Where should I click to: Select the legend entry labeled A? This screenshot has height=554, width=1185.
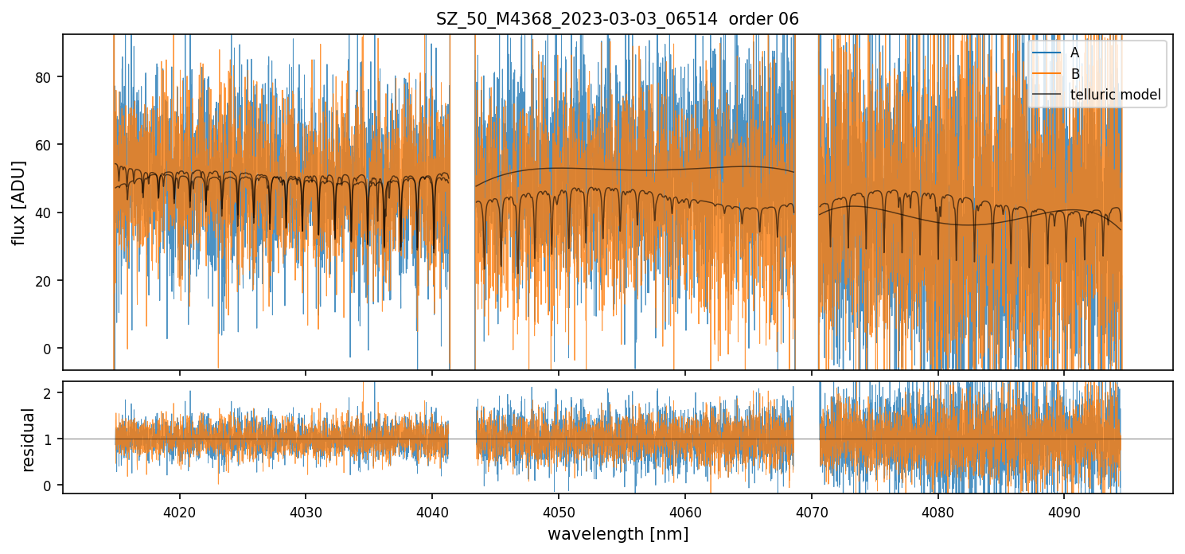1074,53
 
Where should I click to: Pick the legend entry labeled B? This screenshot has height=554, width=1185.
1074,74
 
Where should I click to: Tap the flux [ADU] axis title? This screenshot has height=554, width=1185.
18,202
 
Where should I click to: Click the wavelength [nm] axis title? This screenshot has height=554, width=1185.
618,534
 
